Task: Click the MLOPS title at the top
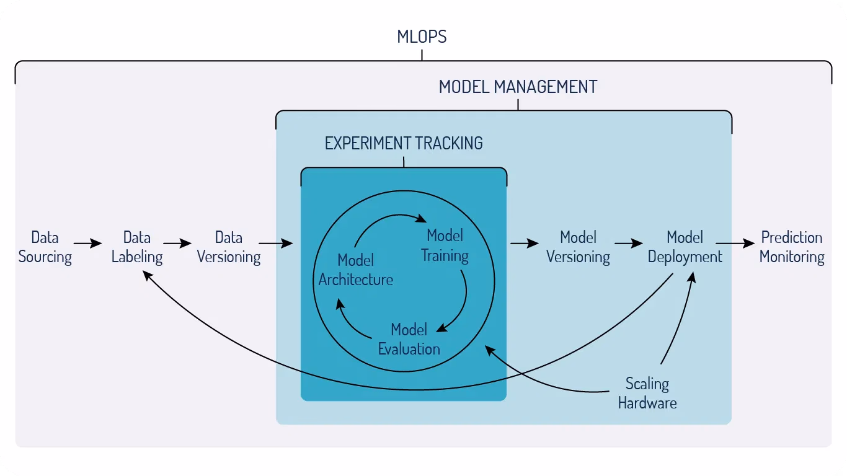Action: (422, 37)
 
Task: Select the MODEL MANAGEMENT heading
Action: (518, 87)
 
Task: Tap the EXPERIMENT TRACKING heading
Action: (404, 143)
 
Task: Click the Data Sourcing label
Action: (45, 247)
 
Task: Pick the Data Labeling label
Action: (137, 247)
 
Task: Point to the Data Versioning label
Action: (229, 247)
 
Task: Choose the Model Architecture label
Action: (356, 270)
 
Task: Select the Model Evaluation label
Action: (409, 340)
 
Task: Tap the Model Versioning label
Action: (578, 247)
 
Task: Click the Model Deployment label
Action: (685, 247)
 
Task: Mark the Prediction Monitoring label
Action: (792, 247)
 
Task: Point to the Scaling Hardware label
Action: (647, 393)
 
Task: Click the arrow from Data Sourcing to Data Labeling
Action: (87, 243)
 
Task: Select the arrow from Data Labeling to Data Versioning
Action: (177, 243)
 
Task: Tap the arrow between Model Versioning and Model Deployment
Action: (629, 243)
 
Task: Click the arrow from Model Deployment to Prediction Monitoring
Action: (735, 243)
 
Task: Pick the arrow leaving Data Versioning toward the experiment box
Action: (276, 243)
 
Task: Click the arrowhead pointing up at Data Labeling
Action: (148, 275)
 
